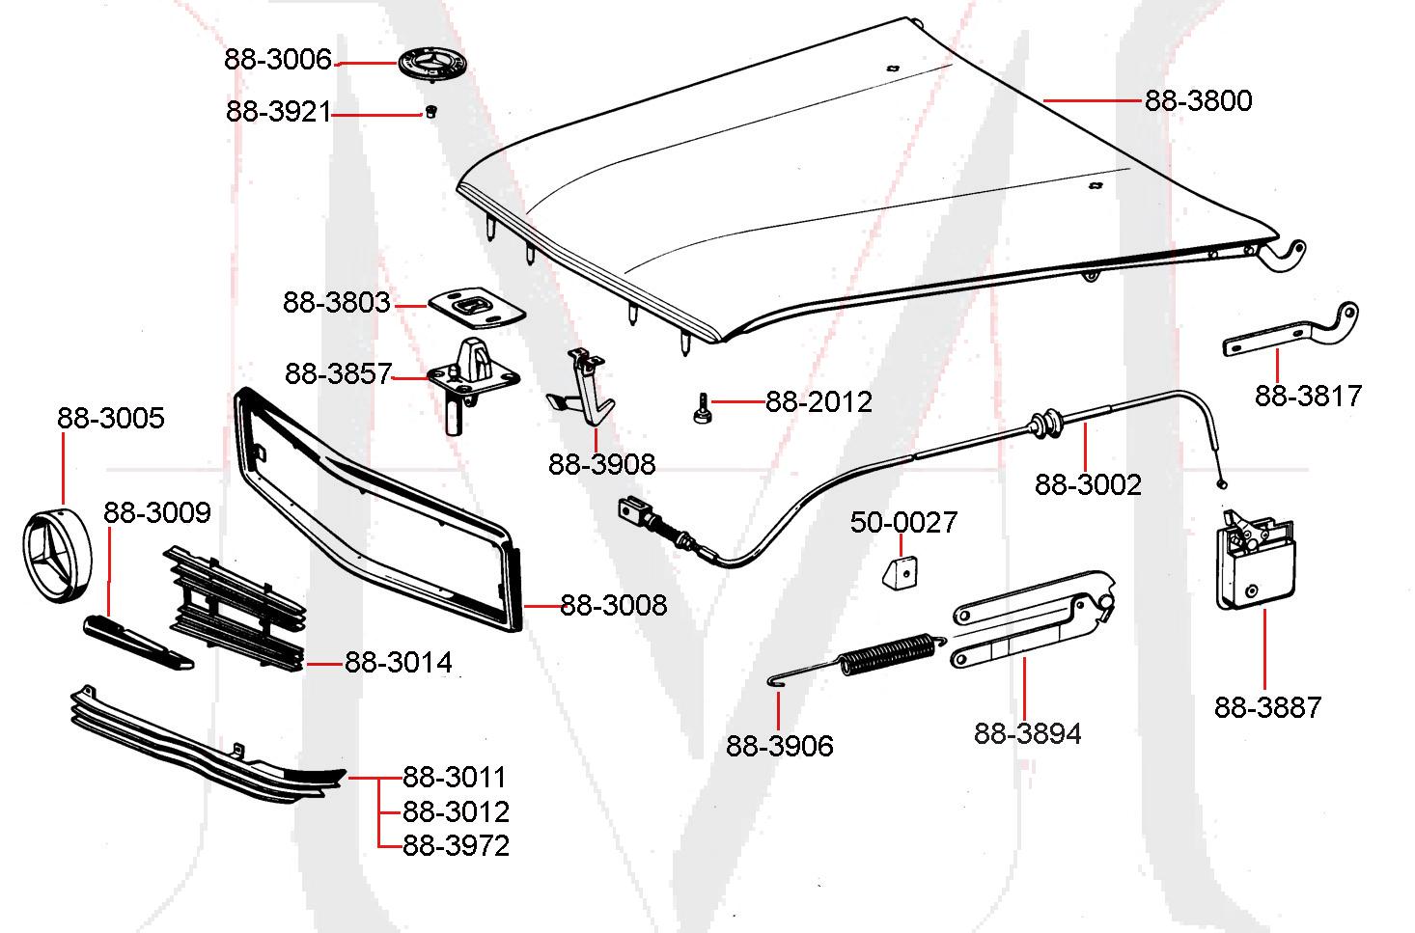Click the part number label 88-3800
click(x=1198, y=101)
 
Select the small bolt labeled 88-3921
click(x=430, y=112)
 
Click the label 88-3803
click(x=336, y=303)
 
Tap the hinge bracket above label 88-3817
click(x=1293, y=333)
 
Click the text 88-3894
click(x=1027, y=734)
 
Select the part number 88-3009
click(x=157, y=512)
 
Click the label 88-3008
click(x=613, y=606)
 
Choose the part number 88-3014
click(x=399, y=663)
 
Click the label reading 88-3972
click(x=456, y=845)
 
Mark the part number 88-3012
click(x=456, y=811)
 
